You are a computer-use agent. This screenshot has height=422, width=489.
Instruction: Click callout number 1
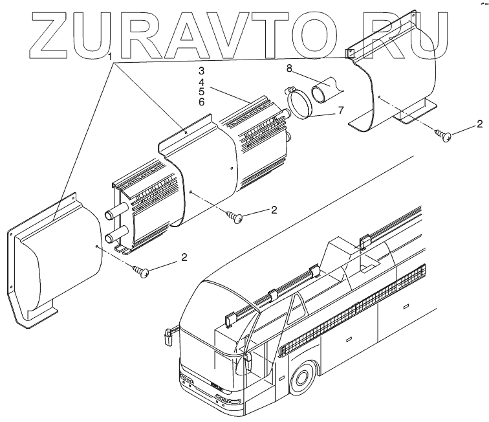[x=111, y=56]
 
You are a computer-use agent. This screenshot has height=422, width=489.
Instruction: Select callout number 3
[x=201, y=70]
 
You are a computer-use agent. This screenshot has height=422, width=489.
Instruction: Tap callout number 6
[x=201, y=102]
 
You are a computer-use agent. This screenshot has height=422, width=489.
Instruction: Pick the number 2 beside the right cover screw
[x=479, y=123]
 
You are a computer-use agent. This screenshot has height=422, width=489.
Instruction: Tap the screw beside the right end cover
[x=444, y=136]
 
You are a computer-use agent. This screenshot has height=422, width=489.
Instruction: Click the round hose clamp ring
[x=303, y=104]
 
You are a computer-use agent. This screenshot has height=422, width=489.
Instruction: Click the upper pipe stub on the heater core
[x=111, y=211]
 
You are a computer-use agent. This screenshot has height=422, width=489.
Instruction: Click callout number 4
[x=201, y=81]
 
